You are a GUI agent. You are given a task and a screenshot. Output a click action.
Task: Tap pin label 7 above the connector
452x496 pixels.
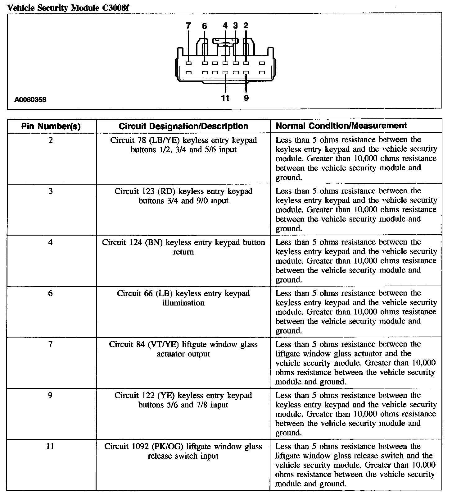(188, 26)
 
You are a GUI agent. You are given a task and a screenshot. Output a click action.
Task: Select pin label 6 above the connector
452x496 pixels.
(204, 26)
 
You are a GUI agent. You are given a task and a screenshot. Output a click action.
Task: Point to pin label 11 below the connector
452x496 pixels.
(225, 98)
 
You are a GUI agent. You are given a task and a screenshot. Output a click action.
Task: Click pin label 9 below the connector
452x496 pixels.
(246, 98)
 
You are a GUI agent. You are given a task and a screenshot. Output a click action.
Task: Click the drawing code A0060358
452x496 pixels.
(30, 100)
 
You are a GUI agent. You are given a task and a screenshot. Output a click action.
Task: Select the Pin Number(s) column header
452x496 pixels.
(51, 126)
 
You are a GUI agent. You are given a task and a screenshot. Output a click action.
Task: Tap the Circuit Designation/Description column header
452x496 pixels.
(183, 126)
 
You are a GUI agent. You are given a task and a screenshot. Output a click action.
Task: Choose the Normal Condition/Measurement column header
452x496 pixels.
(341, 126)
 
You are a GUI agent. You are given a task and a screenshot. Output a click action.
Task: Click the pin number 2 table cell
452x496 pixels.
(51, 140)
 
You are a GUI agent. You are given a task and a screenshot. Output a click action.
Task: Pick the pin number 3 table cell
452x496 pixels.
(51, 191)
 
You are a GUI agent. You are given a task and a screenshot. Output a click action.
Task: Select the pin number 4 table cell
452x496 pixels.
(51, 242)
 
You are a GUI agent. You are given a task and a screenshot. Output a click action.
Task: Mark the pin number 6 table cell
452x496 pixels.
(51, 293)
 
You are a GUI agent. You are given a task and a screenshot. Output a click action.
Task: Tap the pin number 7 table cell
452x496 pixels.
(51, 344)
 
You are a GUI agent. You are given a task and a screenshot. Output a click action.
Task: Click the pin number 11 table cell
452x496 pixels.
(50, 447)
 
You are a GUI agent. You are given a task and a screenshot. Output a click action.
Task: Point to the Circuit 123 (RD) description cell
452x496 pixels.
(183, 196)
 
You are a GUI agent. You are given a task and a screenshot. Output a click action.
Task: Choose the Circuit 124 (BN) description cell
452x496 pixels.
(183, 247)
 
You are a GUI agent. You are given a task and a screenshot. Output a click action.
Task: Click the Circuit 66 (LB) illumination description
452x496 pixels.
(183, 298)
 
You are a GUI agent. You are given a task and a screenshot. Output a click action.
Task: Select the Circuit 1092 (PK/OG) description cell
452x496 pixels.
(183, 451)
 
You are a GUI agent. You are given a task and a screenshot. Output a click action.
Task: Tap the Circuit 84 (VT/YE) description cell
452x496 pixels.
(183, 349)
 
